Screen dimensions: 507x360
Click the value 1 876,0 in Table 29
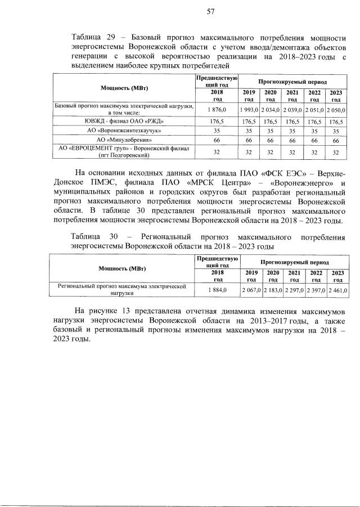[217, 109]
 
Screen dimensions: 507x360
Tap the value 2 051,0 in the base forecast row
[313, 109]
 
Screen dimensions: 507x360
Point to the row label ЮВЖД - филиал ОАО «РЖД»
[124, 120]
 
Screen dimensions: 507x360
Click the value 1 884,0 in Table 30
[217, 290]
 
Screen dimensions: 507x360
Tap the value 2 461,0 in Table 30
[336, 290]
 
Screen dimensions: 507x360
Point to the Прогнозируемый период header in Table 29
[292, 82]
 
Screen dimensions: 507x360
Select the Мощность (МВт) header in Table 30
[123, 268]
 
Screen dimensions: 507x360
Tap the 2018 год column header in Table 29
[217, 95]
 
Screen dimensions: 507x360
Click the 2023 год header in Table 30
[336, 276]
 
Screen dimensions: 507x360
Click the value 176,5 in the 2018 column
[217, 120]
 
